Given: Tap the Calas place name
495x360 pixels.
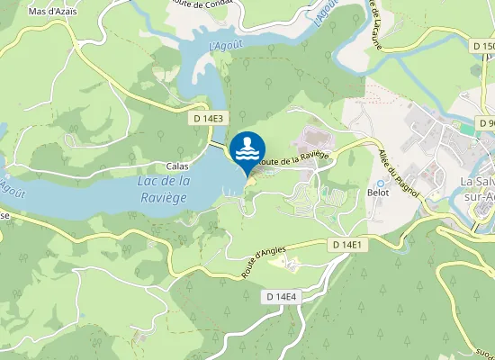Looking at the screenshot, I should coord(177,166).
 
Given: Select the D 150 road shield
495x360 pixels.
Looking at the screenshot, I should coord(482,46).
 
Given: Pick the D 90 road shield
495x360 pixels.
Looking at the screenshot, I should coord(485,122).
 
